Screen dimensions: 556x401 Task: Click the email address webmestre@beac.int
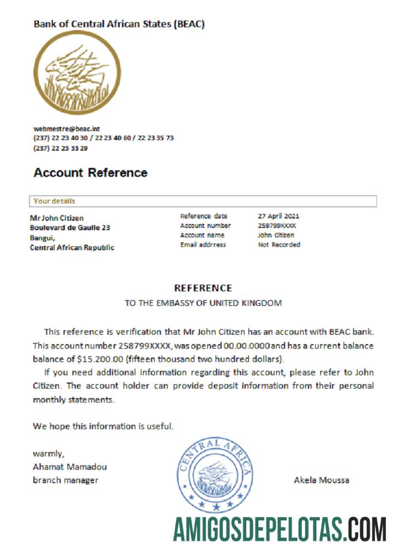[x=67, y=129]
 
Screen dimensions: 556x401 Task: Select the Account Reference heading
[x=90, y=173]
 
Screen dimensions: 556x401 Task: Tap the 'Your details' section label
[x=54, y=201]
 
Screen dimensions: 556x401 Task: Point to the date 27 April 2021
[x=279, y=216]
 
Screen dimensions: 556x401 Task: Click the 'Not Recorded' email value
[x=278, y=245]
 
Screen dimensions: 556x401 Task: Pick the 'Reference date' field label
[x=203, y=216]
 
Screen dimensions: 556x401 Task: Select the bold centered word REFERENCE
[x=203, y=288]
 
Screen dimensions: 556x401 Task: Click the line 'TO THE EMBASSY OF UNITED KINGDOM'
[x=203, y=304]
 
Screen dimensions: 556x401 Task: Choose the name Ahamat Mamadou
[x=70, y=467]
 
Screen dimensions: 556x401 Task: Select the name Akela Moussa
[x=321, y=480]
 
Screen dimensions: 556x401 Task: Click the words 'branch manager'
[x=65, y=480]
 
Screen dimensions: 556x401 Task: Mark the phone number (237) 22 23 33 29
[x=60, y=148]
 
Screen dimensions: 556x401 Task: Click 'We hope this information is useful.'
[x=103, y=426]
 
